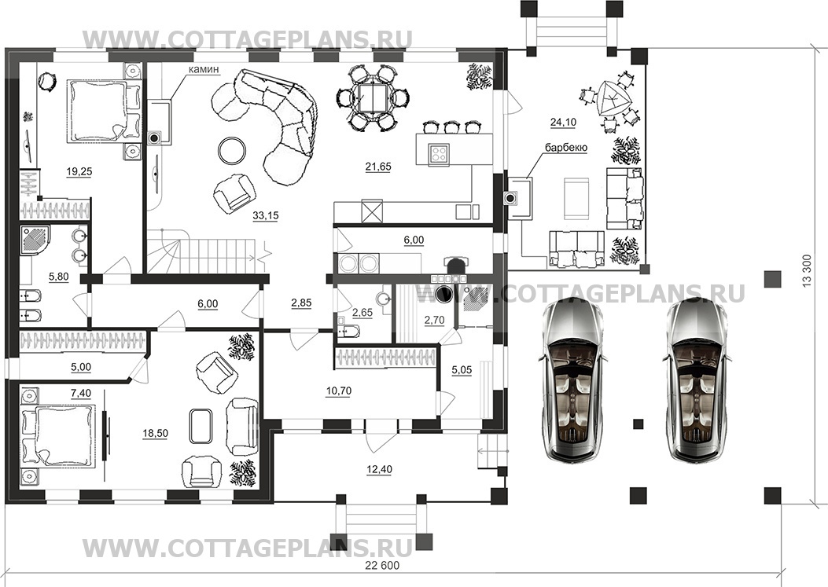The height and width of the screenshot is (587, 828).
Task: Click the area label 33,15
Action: tap(266, 215)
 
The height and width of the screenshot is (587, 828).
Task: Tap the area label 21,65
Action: tap(378, 167)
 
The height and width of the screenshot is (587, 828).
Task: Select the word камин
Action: tap(204, 69)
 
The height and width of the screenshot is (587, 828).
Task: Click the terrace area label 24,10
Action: tap(563, 123)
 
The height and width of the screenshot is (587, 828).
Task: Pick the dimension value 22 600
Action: tap(382, 566)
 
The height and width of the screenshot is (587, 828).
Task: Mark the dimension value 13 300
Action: tap(807, 271)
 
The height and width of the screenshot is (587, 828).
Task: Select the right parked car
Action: tap(697, 379)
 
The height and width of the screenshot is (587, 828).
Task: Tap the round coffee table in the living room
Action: tap(232, 150)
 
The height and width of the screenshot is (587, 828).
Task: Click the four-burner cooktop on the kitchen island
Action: tap(439, 152)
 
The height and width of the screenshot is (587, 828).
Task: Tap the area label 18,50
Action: tap(155, 434)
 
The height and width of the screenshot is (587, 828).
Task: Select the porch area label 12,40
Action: tap(379, 469)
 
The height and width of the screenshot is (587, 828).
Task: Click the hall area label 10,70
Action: tap(338, 391)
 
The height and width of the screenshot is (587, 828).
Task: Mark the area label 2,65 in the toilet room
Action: tap(362, 313)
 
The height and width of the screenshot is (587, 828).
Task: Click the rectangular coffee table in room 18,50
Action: tap(201, 425)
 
